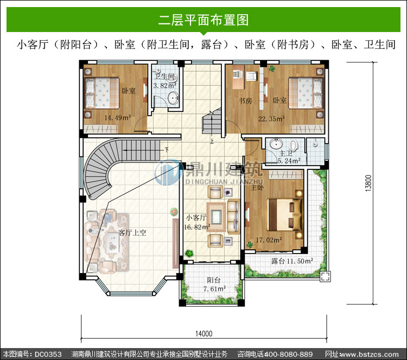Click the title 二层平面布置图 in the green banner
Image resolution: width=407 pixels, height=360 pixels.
(x=203, y=20)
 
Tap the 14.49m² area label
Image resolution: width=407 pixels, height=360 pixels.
(x=118, y=118)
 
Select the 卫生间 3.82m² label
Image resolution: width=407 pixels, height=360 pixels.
(x=165, y=81)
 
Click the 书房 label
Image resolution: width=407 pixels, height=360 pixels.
(x=245, y=100)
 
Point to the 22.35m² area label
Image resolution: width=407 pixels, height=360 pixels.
(x=271, y=119)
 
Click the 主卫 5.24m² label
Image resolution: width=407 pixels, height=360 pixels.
(x=289, y=157)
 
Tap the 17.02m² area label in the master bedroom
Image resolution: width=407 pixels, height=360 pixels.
(x=269, y=240)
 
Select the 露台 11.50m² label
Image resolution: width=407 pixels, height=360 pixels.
(x=292, y=261)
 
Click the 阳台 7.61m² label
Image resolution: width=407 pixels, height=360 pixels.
(x=214, y=284)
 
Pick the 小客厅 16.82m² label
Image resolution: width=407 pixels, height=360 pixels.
(x=197, y=222)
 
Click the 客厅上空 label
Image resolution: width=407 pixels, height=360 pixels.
(x=132, y=232)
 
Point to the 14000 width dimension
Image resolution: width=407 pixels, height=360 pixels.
(x=203, y=333)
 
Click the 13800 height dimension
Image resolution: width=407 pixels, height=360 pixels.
(x=368, y=183)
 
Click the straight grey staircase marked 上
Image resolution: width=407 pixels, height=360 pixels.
(x=212, y=121)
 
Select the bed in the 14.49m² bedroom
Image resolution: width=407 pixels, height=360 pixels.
(x=102, y=93)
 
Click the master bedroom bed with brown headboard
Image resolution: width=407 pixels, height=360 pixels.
(x=285, y=214)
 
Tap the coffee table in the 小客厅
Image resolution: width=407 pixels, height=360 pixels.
(x=216, y=217)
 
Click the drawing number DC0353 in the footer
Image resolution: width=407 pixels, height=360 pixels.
(x=48, y=354)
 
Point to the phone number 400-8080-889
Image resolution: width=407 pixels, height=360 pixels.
(x=288, y=354)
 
